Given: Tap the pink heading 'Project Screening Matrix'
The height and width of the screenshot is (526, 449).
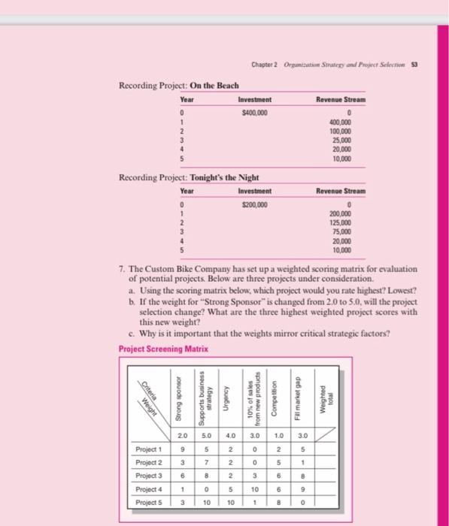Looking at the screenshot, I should point(164,349).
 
